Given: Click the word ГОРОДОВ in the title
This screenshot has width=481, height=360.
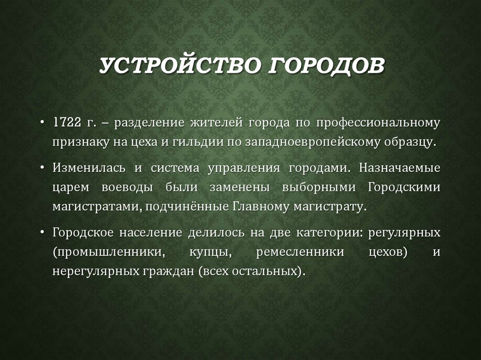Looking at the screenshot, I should (x=326, y=66).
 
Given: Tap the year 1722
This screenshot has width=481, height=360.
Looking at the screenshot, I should (x=66, y=123).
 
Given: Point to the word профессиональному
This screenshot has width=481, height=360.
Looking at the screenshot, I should (x=378, y=123).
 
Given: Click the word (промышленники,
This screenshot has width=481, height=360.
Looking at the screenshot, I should (x=109, y=252).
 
